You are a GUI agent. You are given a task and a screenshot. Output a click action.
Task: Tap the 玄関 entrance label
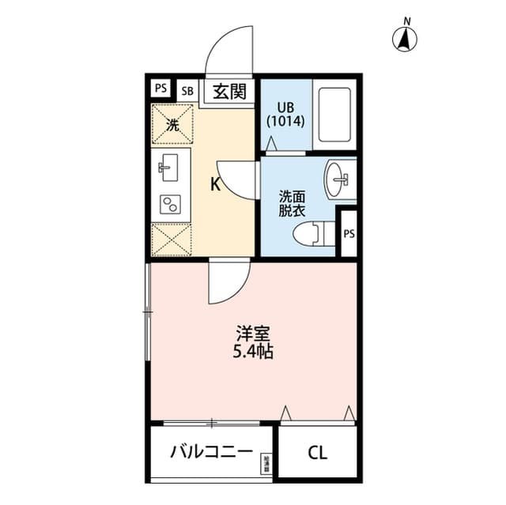pos(229,91)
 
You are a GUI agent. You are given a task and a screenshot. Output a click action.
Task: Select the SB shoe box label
pos(187,90)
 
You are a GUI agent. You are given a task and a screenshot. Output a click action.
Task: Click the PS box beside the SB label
pos(160,89)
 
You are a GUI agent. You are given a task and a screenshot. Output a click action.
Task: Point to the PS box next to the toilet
pos(349,233)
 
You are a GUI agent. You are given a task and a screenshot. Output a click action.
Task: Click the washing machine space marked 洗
pos(172,124)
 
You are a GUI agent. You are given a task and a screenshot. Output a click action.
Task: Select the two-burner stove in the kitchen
pos(169,205)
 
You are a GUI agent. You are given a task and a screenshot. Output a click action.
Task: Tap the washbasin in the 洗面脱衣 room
pos(342,179)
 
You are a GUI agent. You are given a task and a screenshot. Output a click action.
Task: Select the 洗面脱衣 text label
pos(291,204)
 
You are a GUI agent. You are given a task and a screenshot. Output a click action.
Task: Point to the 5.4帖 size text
pos(253,353)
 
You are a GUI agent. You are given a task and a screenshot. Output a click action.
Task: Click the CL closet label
pos(317,453)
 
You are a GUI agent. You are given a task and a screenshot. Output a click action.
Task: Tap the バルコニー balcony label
pos(211,453)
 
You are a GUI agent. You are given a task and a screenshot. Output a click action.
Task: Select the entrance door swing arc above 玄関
pos(229,52)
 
